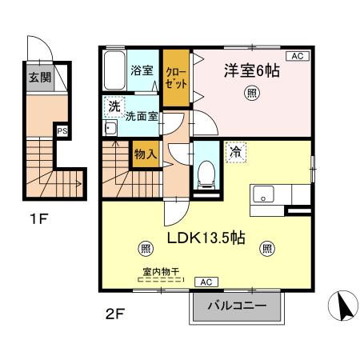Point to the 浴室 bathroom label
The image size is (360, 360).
[x=142, y=70]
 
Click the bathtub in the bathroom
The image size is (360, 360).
[x=113, y=73]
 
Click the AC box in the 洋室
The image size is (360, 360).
[x=296, y=56]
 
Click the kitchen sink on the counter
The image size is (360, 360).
[x=263, y=194]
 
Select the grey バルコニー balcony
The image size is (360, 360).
[x=237, y=306]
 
